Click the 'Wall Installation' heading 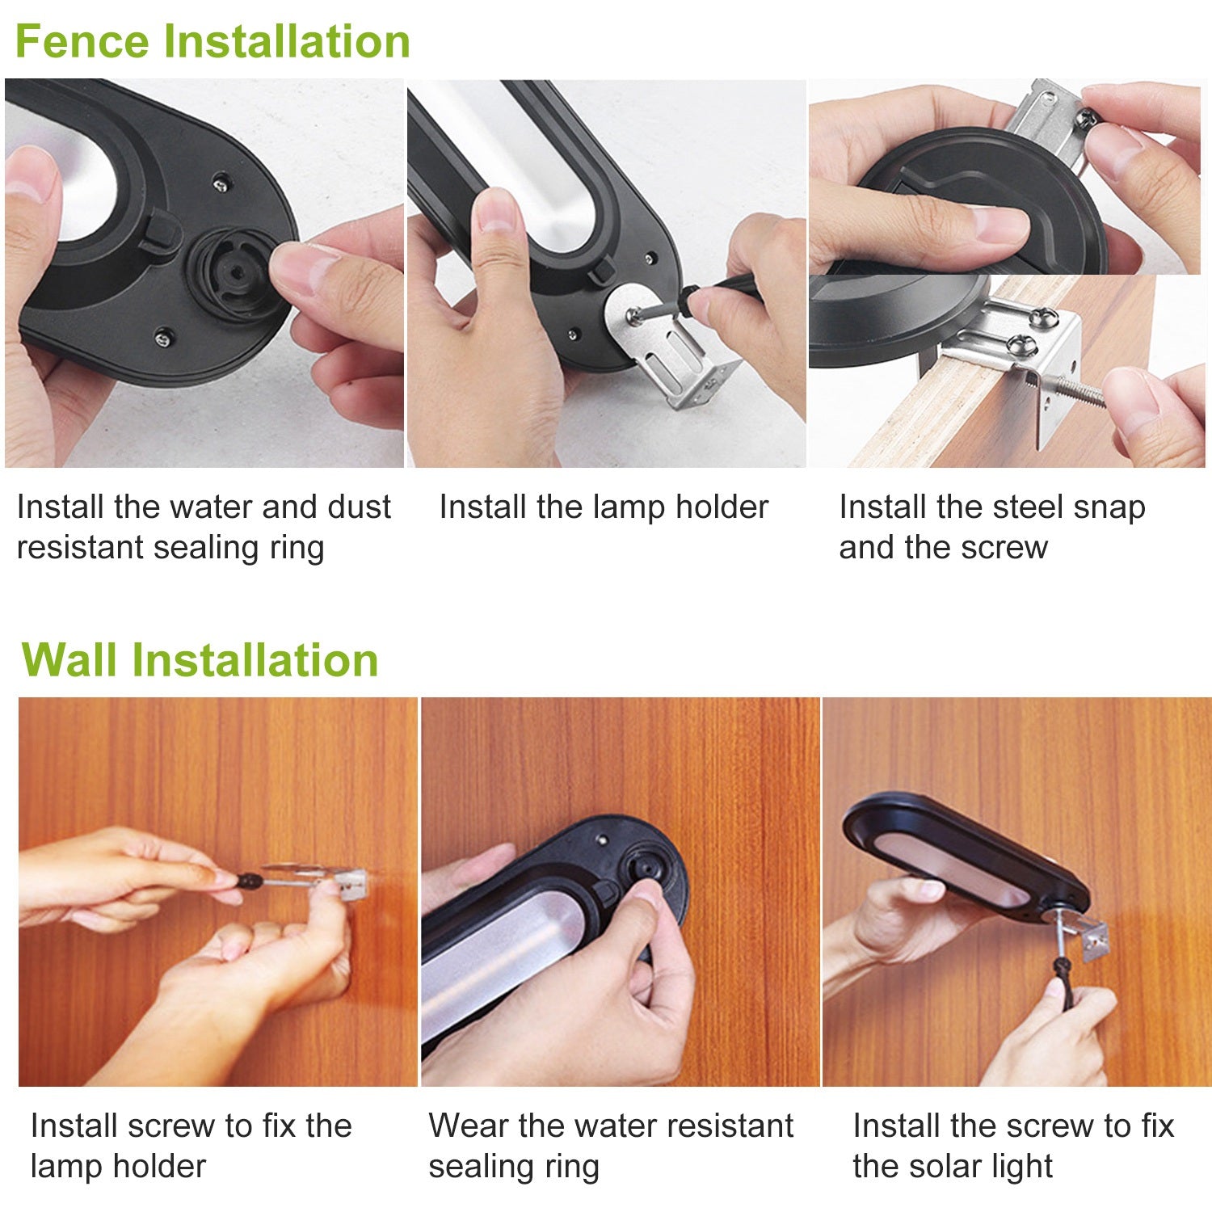200,659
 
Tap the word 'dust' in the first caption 359,507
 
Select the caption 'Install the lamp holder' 604,507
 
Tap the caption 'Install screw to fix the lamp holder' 191,1146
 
